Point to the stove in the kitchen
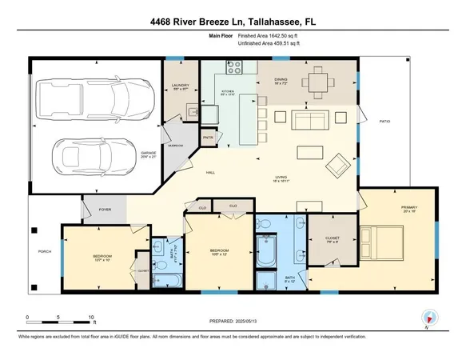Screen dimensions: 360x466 [233, 66]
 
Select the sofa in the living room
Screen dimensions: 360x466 [313, 121]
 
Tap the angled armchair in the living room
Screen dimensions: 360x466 [340, 166]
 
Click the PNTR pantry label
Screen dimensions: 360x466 [208, 138]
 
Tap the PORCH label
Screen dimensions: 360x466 [45, 252]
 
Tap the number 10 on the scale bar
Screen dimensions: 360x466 [92, 317]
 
